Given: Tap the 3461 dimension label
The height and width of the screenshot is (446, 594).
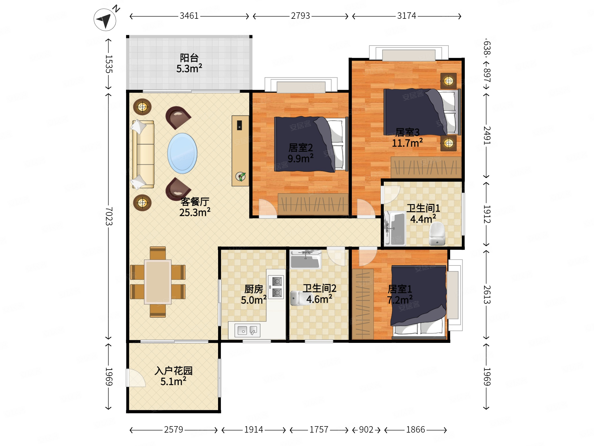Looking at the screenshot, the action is [x=189, y=16].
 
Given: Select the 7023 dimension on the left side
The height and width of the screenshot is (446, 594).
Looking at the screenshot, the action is [x=108, y=216].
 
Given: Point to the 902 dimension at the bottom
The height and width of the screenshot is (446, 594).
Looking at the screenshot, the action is [x=366, y=430].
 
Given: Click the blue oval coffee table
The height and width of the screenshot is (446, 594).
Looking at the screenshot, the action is [x=182, y=153].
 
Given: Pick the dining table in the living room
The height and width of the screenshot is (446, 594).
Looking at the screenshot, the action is [x=158, y=282].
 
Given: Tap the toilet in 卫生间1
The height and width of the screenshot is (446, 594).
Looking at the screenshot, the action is [x=437, y=233].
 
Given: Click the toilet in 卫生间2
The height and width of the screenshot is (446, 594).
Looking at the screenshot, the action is [x=298, y=298].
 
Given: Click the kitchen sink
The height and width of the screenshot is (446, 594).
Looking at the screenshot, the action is [x=247, y=331].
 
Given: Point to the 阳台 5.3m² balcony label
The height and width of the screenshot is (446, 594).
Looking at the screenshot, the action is [x=189, y=63].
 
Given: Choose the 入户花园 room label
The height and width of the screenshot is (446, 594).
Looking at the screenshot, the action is [x=173, y=371].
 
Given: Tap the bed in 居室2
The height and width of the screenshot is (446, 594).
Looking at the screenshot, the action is [x=311, y=144].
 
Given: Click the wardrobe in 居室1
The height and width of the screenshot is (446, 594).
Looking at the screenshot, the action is [x=363, y=304].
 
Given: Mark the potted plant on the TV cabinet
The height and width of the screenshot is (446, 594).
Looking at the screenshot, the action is [x=241, y=177].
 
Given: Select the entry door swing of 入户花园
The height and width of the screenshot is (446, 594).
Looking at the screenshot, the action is [x=136, y=378].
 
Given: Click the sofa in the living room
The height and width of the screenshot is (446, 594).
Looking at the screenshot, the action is [x=143, y=154].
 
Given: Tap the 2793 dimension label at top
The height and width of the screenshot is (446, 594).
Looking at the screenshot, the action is [x=300, y=16].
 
